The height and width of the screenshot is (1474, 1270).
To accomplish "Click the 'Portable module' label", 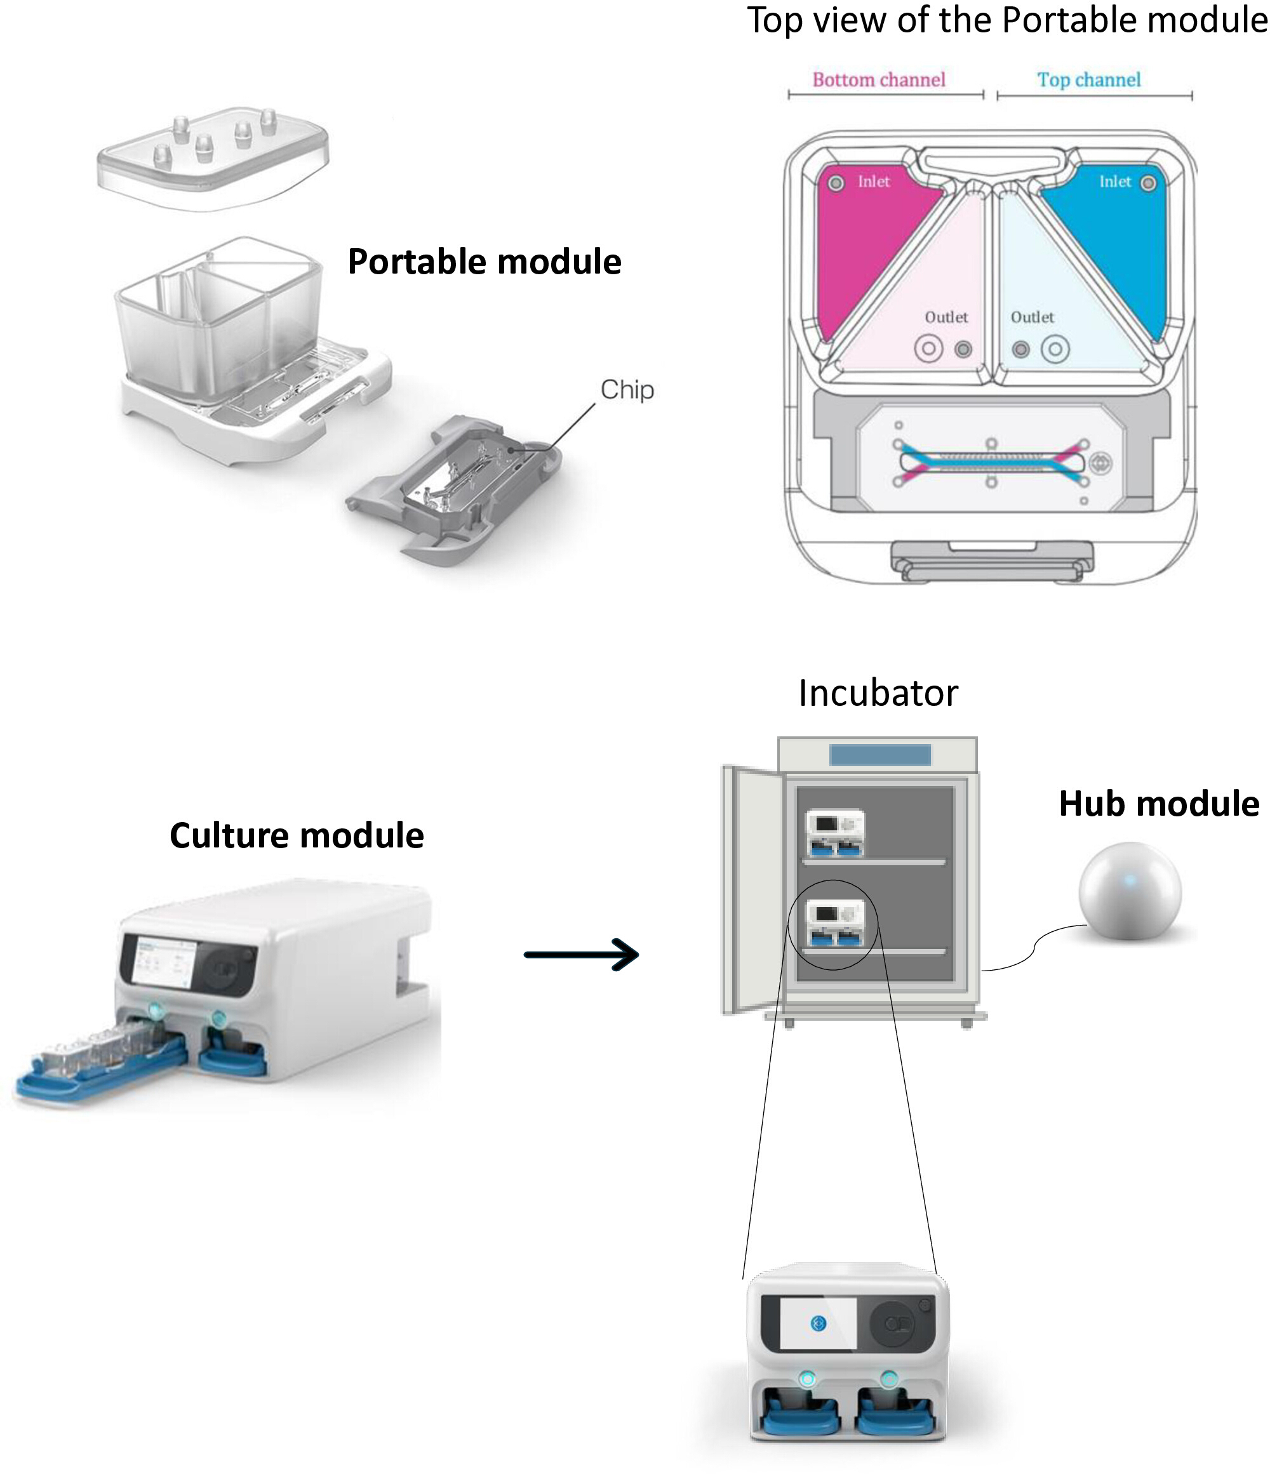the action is click(x=485, y=262).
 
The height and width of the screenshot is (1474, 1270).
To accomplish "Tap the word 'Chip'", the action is click(x=627, y=390).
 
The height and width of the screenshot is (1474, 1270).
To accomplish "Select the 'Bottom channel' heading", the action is click(x=879, y=80).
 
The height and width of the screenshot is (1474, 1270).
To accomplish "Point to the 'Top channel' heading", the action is click(x=1088, y=80).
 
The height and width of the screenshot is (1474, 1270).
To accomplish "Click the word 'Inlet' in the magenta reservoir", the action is click(x=874, y=182).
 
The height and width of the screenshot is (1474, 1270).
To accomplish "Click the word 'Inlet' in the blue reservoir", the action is click(x=1115, y=182).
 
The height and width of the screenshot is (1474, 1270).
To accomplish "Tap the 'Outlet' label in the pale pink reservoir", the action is click(x=946, y=317).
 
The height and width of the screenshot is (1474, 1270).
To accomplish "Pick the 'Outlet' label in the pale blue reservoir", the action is click(x=1033, y=317).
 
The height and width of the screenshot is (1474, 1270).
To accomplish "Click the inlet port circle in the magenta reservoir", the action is click(x=836, y=183).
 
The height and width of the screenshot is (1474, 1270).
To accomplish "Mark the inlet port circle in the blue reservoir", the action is click(x=1148, y=183).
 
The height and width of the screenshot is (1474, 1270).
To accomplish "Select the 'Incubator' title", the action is click(x=878, y=693).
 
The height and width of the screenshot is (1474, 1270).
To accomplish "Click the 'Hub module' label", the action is click(x=1159, y=804).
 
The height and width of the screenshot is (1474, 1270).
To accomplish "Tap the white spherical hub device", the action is click(x=1130, y=891).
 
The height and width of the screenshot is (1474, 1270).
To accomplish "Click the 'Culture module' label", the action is click(x=297, y=835).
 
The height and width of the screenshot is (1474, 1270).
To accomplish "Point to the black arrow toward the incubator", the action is click(x=581, y=955).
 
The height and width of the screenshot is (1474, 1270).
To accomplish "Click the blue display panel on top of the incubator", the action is click(x=880, y=754).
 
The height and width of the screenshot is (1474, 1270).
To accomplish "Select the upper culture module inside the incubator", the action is click(x=834, y=832).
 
